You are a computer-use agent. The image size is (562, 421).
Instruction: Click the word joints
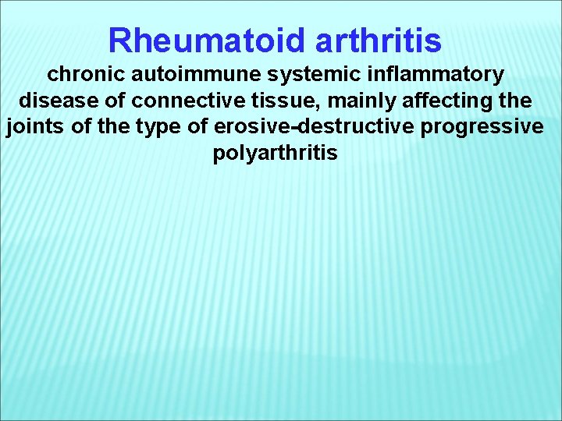(30, 127)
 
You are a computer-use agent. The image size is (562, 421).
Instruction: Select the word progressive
(482, 127)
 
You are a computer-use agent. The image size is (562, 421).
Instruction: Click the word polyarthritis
(275, 153)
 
